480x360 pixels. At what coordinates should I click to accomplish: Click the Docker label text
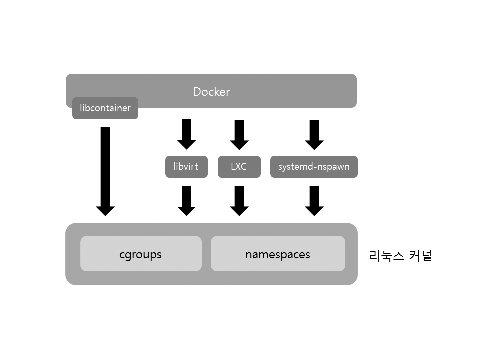(211, 92)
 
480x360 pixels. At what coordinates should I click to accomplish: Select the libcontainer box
(105, 108)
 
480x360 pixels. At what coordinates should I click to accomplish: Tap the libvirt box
(186, 167)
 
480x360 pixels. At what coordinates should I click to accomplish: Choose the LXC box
(239, 167)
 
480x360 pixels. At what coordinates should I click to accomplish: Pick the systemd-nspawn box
(314, 167)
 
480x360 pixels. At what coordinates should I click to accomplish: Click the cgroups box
(141, 254)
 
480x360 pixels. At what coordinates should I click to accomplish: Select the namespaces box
(278, 254)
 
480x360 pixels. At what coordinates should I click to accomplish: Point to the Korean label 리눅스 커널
(400, 256)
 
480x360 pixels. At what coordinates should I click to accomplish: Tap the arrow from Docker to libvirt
(186, 134)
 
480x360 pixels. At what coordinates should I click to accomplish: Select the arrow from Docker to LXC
(239, 134)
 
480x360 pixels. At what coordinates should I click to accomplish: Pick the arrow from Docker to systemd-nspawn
(314, 134)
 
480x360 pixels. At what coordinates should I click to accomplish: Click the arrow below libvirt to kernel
(186, 200)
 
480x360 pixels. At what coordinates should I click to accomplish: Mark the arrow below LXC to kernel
(239, 200)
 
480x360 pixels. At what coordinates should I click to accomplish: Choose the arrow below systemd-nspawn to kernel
(314, 200)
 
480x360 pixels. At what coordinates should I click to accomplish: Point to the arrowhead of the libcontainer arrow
(105, 210)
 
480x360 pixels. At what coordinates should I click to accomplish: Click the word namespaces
(278, 254)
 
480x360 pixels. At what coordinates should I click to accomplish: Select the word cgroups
(141, 254)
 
